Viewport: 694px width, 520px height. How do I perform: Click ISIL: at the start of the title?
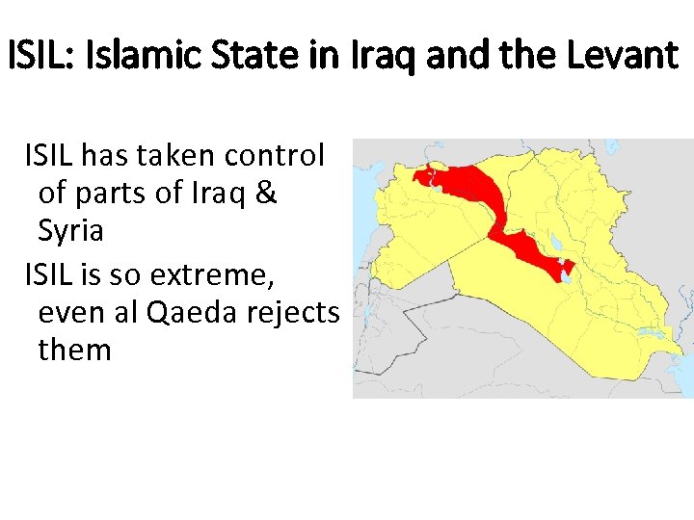point(41,55)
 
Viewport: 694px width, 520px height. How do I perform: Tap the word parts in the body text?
point(124,194)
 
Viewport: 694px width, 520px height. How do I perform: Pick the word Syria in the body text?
point(71,232)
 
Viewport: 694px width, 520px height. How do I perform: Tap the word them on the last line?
point(75,350)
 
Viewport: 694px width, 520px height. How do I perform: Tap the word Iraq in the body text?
point(222,194)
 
